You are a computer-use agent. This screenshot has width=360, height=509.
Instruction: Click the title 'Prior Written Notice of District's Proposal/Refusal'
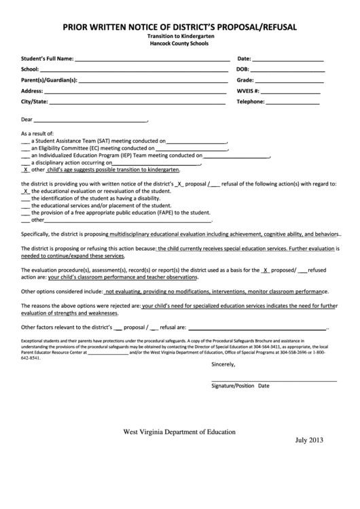(179, 27)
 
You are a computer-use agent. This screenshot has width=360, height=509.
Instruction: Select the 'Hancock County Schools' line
(179, 43)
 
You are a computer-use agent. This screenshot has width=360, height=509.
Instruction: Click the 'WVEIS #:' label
(247, 91)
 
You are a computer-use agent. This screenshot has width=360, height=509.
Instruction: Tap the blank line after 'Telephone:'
(293, 102)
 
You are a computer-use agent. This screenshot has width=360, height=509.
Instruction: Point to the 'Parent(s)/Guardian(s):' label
(49, 80)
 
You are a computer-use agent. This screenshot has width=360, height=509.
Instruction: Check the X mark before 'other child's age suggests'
(26, 170)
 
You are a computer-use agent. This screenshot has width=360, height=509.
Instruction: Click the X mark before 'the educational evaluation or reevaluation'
(26, 191)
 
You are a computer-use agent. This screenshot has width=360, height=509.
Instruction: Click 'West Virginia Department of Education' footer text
(179, 432)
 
